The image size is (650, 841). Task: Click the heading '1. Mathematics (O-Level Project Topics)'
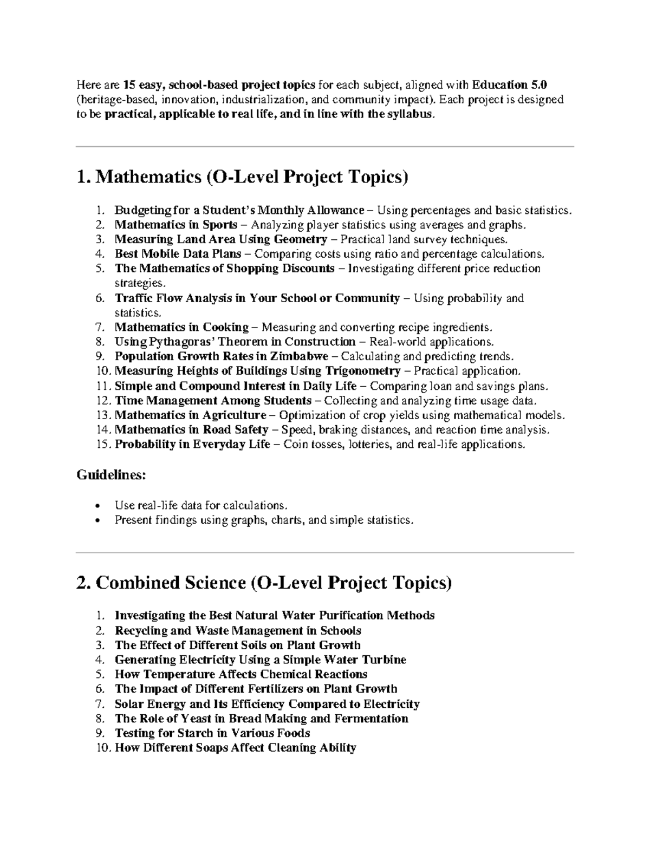[242, 177]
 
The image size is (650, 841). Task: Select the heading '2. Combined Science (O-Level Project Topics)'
[264, 583]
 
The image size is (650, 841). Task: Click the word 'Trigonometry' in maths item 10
[362, 371]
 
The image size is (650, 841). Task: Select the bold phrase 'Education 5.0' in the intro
[510, 85]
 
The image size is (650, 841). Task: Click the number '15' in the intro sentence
[129, 85]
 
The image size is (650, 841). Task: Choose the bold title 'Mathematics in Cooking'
[181, 327]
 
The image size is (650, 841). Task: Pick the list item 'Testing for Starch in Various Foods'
[212, 733]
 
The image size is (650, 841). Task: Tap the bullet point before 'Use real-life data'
[97, 506]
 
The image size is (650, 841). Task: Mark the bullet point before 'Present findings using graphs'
[97, 520]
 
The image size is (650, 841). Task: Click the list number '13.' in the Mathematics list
[103, 415]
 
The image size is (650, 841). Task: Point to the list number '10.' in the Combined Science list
[103, 748]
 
